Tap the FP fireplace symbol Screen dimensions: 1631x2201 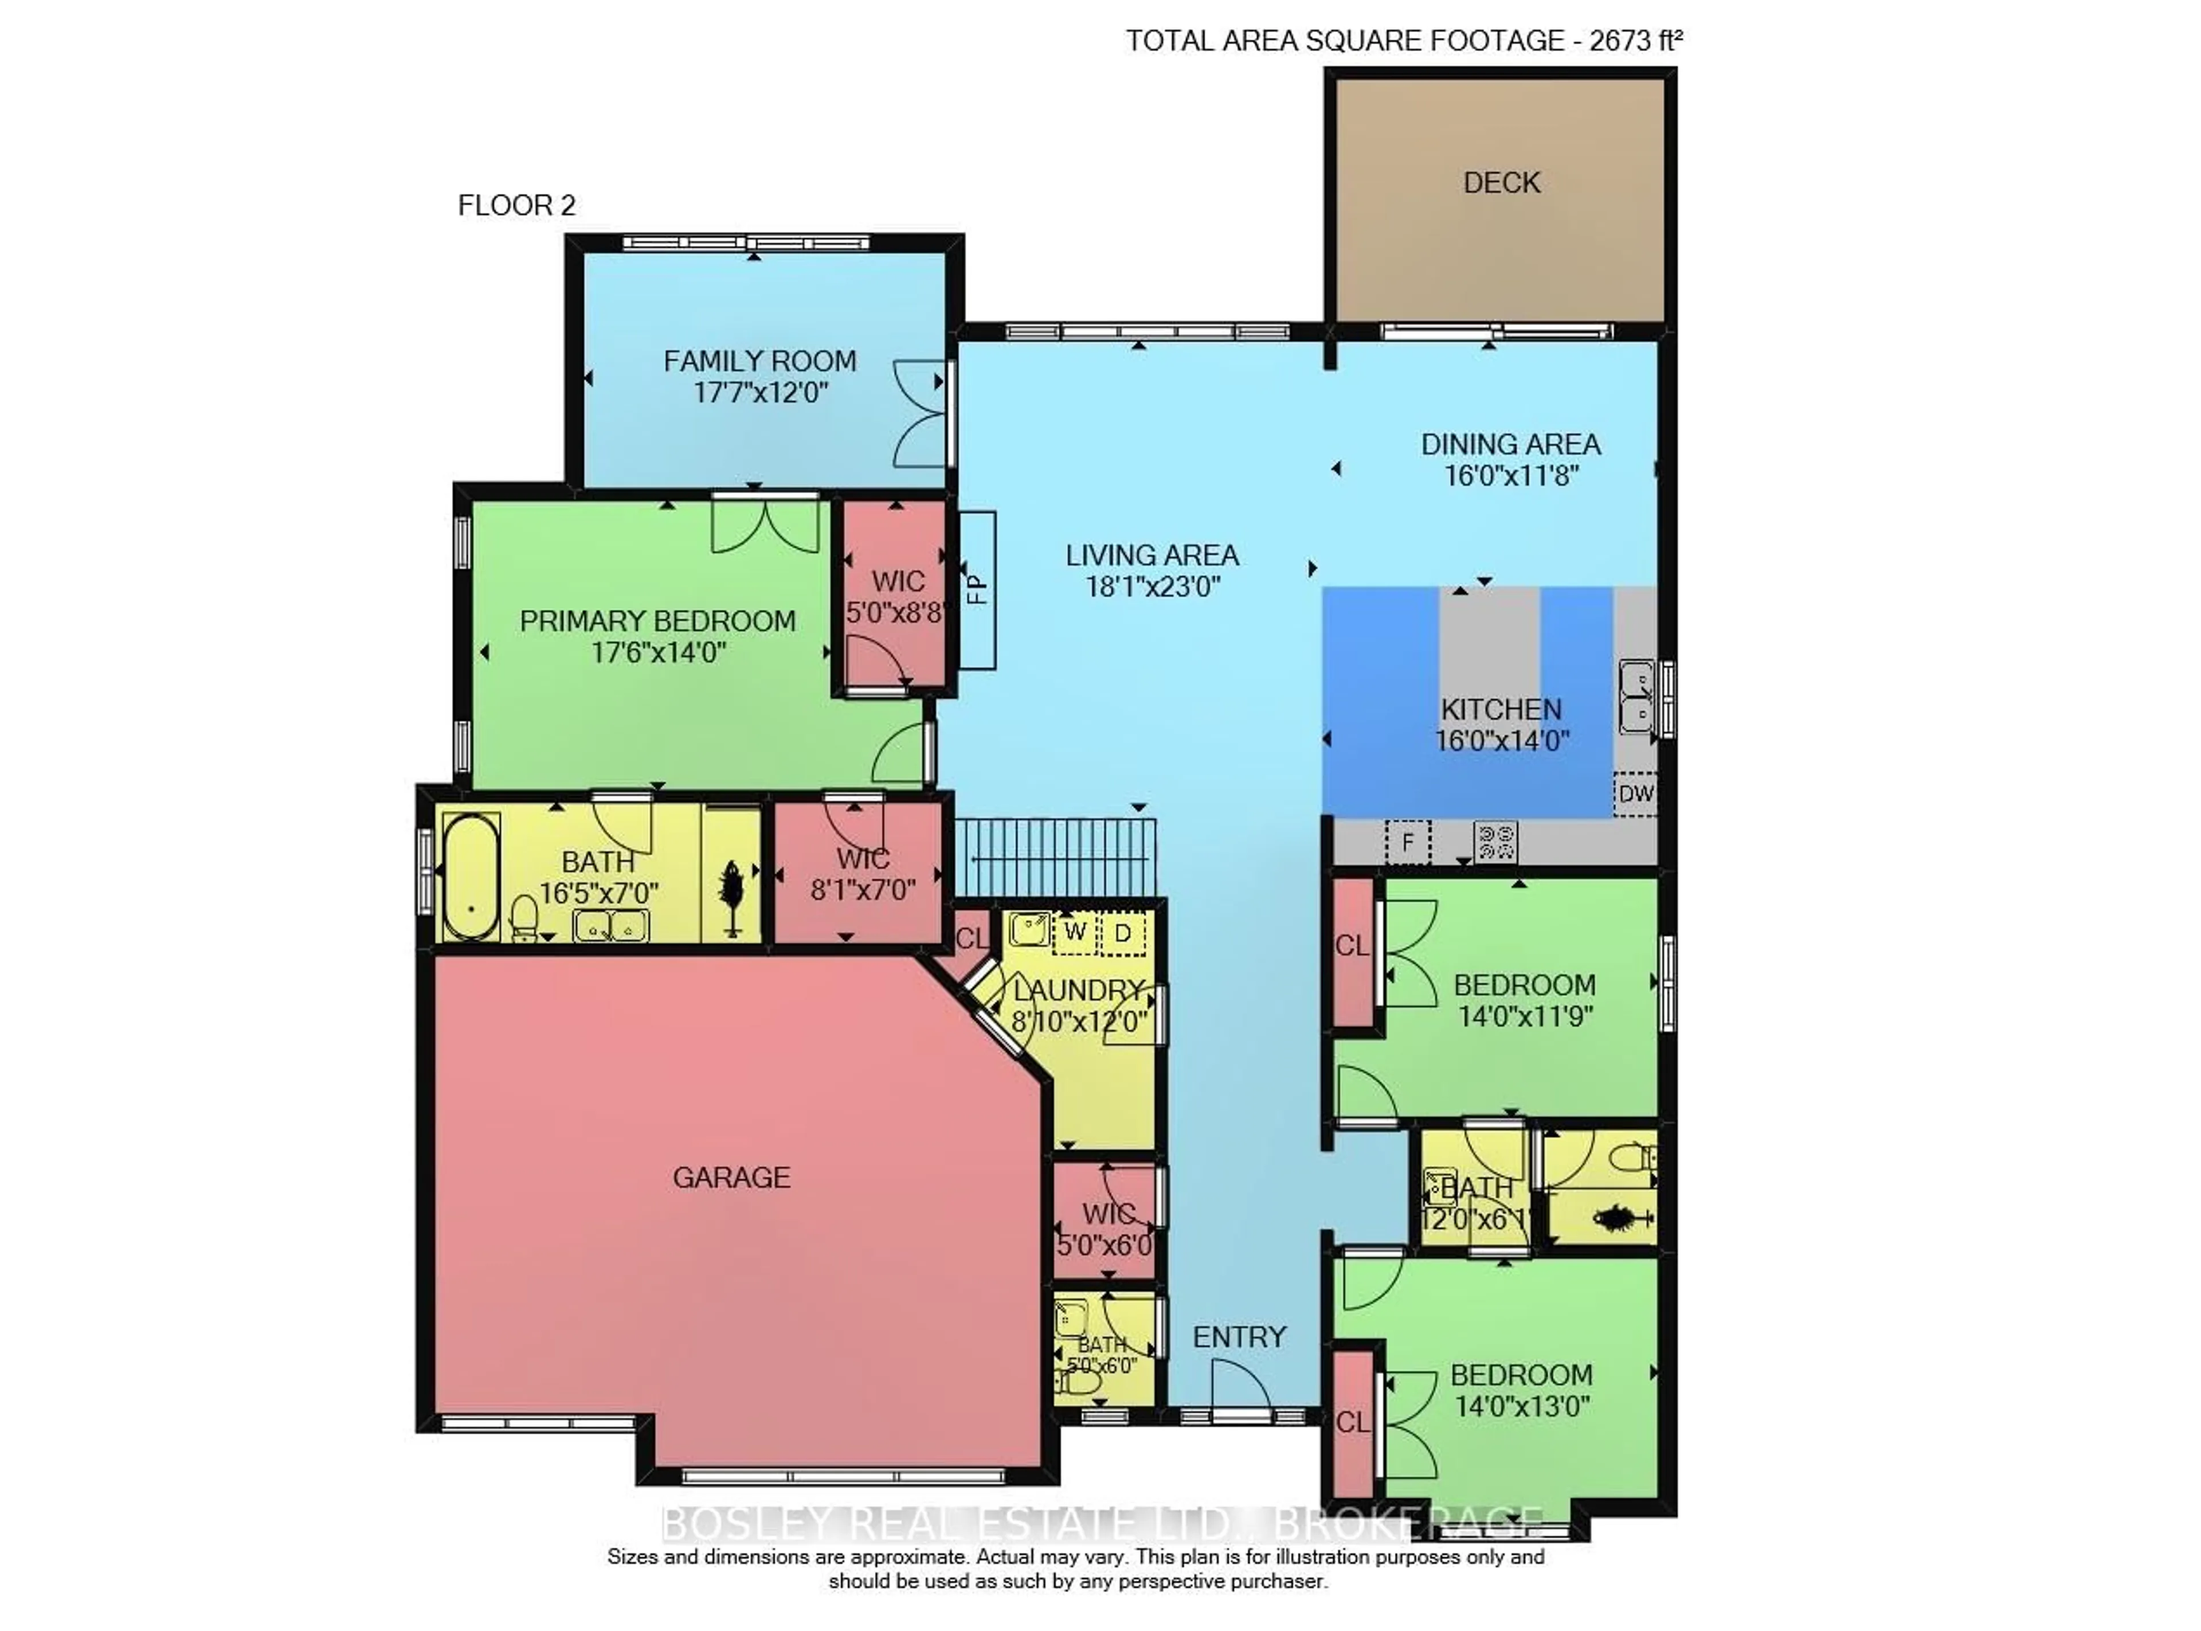(x=976, y=589)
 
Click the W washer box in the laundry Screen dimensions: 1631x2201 (x=1075, y=932)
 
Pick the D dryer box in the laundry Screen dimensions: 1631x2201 (x=1122, y=932)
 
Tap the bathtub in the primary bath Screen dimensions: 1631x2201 (x=470, y=877)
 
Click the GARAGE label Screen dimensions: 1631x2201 (x=731, y=1177)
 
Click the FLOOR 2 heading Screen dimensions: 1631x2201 (x=516, y=205)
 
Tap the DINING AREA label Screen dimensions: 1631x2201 (x=1510, y=444)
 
